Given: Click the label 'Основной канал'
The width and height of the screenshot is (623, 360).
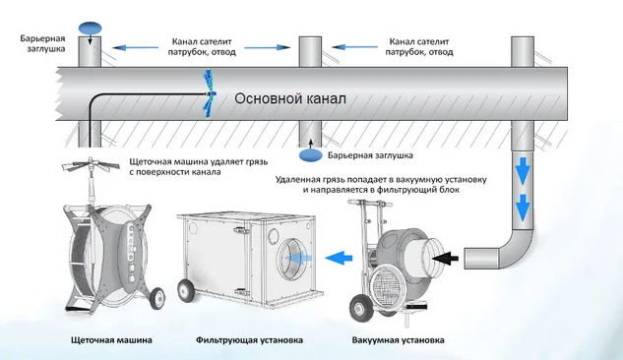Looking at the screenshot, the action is click(x=290, y=98).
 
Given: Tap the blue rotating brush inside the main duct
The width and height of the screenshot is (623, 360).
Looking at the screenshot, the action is click(x=209, y=94).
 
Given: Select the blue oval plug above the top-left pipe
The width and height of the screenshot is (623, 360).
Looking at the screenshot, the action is click(x=91, y=28).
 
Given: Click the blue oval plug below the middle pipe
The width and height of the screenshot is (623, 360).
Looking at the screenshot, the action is click(x=310, y=155).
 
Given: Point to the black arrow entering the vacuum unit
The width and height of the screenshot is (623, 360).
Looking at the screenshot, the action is click(x=445, y=259).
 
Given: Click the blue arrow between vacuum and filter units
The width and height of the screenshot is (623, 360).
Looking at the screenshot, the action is click(x=339, y=258).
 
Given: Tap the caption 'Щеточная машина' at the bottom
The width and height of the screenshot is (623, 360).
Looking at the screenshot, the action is click(x=111, y=340).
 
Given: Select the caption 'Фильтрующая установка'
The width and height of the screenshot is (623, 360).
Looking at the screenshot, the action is click(x=249, y=340).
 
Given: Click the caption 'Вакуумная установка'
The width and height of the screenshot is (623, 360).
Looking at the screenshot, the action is click(x=398, y=340).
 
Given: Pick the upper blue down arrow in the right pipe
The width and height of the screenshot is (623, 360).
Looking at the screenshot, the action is click(x=522, y=170).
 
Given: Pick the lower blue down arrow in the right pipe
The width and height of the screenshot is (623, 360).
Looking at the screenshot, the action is click(x=522, y=208).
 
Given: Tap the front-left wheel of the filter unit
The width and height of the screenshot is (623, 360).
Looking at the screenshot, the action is click(x=186, y=290).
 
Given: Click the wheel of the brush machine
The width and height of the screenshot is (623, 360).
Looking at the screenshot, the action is click(x=157, y=298).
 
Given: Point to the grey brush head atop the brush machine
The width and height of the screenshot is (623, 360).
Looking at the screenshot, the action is click(x=91, y=164).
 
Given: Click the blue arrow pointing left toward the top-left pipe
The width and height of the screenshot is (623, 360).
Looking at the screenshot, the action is click(x=136, y=47).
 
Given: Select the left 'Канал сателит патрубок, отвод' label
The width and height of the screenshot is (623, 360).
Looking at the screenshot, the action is click(x=202, y=47).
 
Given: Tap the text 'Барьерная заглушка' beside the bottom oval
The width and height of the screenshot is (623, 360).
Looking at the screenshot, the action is click(x=370, y=155).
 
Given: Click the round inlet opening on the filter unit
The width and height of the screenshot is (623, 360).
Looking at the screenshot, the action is click(x=294, y=258).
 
